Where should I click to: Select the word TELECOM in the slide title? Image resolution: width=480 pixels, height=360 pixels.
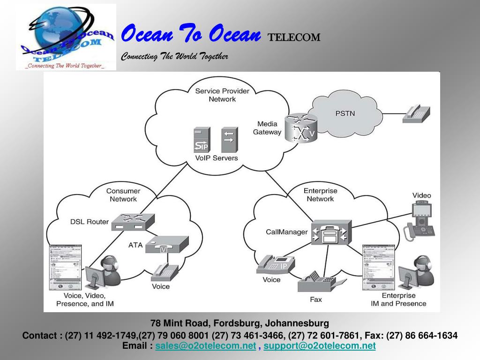pos(294,37)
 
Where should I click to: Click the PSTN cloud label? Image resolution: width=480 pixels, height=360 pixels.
pos(345,113)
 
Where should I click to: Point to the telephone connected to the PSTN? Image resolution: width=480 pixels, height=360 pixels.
pos(416,113)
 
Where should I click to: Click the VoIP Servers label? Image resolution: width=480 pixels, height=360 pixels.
pos(216,158)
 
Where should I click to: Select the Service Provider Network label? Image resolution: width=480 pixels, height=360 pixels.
pos(222,95)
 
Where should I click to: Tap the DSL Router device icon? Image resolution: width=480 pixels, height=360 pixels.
pos(133,222)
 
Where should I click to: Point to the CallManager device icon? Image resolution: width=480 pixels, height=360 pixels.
pos(331,232)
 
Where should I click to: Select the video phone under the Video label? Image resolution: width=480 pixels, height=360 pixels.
pos(420,220)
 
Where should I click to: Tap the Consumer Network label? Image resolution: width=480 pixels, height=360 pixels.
pos(123,195)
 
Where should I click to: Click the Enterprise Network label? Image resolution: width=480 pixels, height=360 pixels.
pos(320,195)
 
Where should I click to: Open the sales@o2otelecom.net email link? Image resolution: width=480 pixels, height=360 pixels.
pos(206,346)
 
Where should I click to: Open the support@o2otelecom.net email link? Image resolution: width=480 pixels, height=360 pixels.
pos(319,346)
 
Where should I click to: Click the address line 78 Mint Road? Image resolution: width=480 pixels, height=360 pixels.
pos(240,323)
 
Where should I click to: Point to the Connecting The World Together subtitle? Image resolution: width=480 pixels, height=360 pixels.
pos(174,57)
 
